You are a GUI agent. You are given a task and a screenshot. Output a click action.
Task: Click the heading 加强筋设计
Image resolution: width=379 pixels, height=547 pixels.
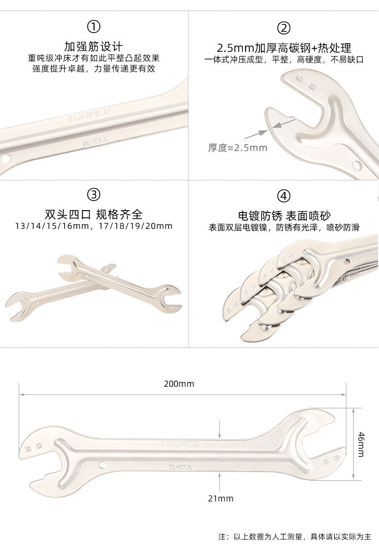coord(94,47)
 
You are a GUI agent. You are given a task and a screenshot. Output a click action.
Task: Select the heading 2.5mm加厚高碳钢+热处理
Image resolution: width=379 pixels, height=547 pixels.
coord(284,48)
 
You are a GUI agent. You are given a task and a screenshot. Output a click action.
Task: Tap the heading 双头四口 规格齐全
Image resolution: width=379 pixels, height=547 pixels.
coord(94,214)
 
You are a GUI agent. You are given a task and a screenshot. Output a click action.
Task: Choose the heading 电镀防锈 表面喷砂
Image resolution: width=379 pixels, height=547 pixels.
coord(284,215)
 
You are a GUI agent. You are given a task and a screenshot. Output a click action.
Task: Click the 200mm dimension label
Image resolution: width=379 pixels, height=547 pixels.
coord(179,384)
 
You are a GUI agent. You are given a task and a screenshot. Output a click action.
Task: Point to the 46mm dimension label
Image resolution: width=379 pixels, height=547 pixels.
coord(361,444)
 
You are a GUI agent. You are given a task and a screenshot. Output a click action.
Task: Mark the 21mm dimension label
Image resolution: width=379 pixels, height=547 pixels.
coord(220,499)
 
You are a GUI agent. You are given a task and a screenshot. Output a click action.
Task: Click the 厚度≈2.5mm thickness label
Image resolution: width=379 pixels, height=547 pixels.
coord(237,148)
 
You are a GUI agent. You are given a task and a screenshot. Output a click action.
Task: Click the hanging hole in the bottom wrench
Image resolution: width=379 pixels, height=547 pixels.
coord(102,464)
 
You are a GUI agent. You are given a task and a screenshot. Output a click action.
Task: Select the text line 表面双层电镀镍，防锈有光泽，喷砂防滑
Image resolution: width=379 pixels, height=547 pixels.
coord(284,227)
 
